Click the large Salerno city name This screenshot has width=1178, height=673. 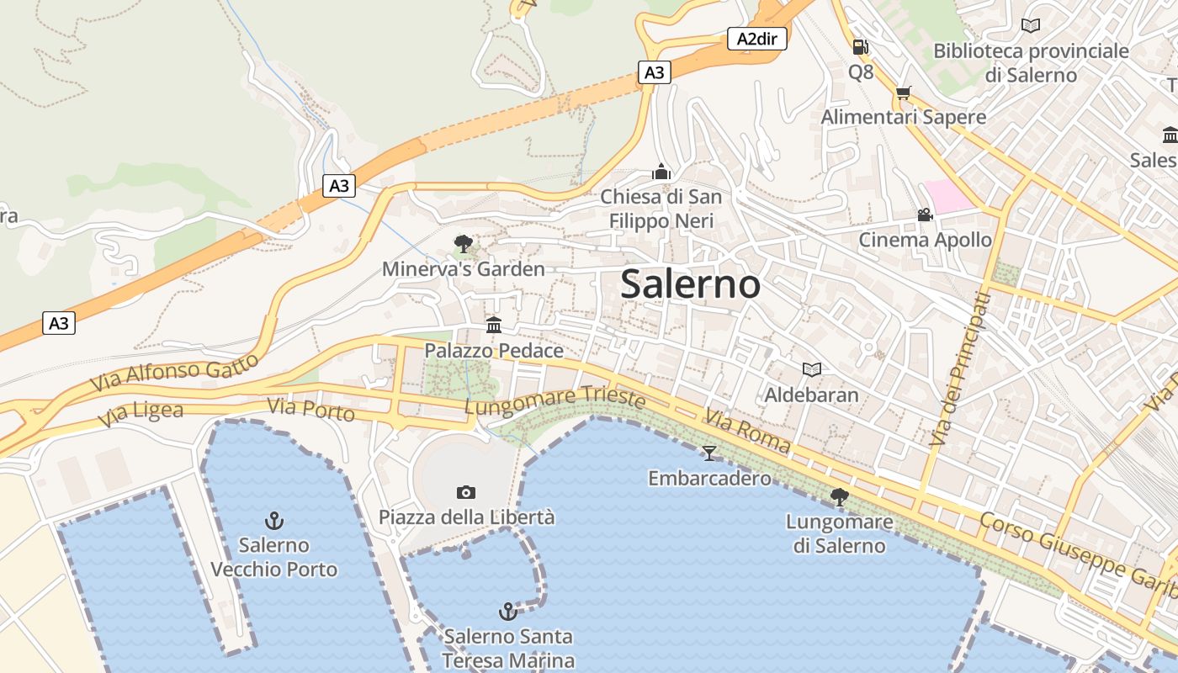[x=690, y=284]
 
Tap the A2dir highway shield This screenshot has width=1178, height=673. [x=756, y=39]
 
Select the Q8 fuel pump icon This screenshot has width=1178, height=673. [x=860, y=47]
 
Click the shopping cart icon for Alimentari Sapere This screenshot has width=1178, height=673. [x=904, y=93]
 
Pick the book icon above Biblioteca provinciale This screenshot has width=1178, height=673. [x=1030, y=25]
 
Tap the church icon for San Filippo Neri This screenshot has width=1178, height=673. [x=661, y=172]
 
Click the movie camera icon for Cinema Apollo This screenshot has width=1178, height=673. [x=925, y=215]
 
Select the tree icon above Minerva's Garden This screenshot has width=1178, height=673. [x=463, y=244]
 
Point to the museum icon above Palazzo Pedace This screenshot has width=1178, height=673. [x=494, y=325]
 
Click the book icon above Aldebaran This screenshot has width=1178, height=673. [x=811, y=369]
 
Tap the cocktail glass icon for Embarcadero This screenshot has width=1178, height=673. [x=709, y=453]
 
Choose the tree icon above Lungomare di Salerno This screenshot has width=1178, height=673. [x=839, y=497]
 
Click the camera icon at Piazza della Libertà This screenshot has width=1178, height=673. [x=465, y=492]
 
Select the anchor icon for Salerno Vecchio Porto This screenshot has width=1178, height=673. [x=273, y=520]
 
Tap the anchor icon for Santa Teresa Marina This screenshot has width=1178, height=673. [x=507, y=611]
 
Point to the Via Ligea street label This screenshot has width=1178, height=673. [x=141, y=413]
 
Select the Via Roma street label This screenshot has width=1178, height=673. [x=748, y=431]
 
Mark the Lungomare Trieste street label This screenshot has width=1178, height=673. [x=555, y=400]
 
